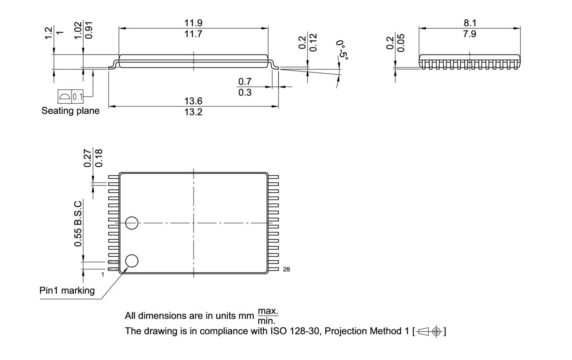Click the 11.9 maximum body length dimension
pos(193,23)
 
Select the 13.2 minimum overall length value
pos(193,112)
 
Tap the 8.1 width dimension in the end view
pos(469,23)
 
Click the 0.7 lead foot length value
pos(245,81)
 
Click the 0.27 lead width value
pos(88,158)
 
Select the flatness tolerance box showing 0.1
pos(71,96)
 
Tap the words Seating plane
pos(71,110)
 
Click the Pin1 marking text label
pos(67,290)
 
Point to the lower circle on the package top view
pos(132,260)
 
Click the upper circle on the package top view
pos(132,222)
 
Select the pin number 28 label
pos(286,269)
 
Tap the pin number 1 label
pos(102,274)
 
